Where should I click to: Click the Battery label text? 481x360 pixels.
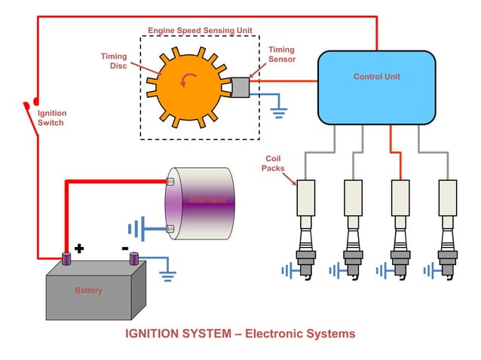[x=88, y=290]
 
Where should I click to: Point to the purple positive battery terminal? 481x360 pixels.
[x=66, y=258]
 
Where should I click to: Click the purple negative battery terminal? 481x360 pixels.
[x=134, y=258]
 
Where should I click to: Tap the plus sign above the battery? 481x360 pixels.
[x=78, y=247]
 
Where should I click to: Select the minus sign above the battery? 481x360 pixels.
[x=125, y=247]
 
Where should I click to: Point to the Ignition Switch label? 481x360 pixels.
[x=51, y=117]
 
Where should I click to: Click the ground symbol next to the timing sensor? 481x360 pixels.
[x=280, y=112]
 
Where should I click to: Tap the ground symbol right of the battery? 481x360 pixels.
[x=167, y=273]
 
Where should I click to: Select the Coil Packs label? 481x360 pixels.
[x=274, y=163]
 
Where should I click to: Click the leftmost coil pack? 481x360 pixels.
[x=305, y=198]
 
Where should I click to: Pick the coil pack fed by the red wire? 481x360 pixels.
[x=400, y=198]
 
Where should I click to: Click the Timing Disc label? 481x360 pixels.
[x=114, y=60]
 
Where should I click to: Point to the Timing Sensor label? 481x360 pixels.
[x=281, y=54]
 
